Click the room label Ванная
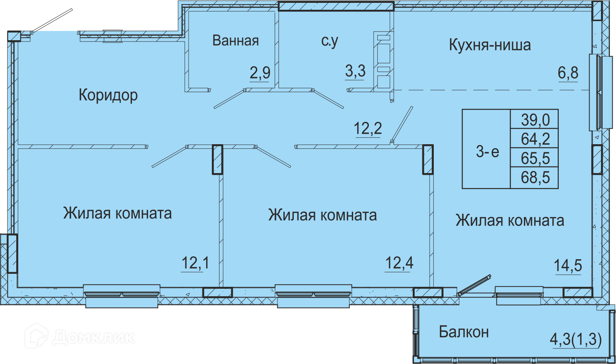click(x=235, y=41)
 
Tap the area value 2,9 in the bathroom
click(x=260, y=73)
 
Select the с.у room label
click(x=330, y=41)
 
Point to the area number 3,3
click(x=355, y=71)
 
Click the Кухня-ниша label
click(x=490, y=45)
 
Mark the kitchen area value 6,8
click(x=568, y=73)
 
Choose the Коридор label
click(x=108, y=95)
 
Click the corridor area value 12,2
click(x=368, y=129)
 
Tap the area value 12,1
click(x=195, y=263)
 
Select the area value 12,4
click(x=399, y=263)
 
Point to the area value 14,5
click(x=568, y=266)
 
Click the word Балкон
click(x=464, y=332)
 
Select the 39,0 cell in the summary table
click(x=534, y=119)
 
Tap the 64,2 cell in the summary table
click(x=534, y=138)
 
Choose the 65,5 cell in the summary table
click(x=534, y=158)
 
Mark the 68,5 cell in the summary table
click(x=534, y=178)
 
